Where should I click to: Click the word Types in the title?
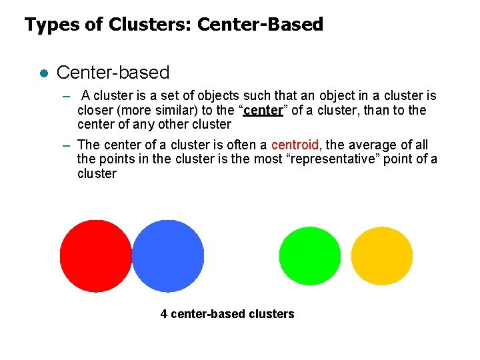46,25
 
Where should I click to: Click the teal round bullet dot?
43,73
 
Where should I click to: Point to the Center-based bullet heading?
113,72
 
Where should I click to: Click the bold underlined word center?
265,110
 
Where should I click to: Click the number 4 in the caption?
164,314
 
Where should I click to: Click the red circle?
96,256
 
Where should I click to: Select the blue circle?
169,256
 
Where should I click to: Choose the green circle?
309,256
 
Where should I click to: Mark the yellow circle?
381,256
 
